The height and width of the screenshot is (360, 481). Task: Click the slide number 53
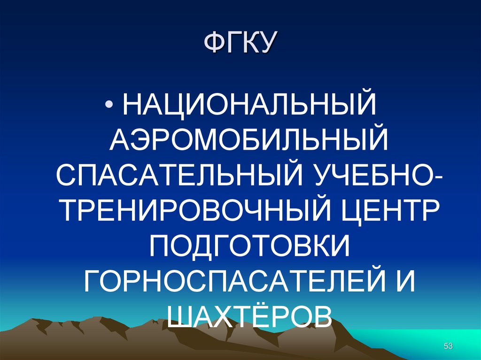point(448,346)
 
